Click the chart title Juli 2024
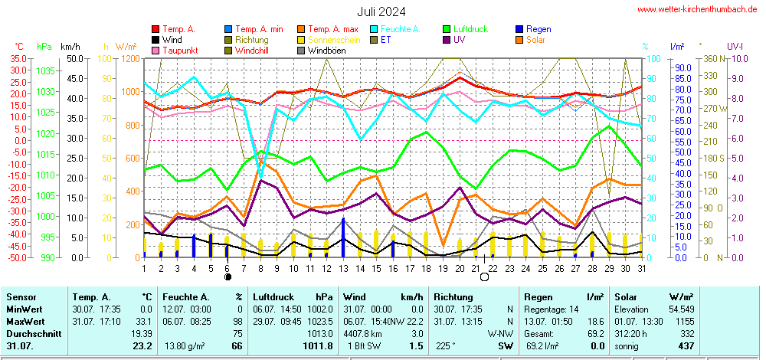coord(381,11)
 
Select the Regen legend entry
coord(540,29)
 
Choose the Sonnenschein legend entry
coord(334,40)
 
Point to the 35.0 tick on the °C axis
coord(17,58)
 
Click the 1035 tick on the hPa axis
coord(45,71)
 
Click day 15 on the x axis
coord(375,267)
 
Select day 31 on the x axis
coord(641,267)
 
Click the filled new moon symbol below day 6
coord(228,277)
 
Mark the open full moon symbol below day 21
coord(484,277)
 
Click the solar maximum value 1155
coord(685,319)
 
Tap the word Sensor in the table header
coord(22,296)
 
